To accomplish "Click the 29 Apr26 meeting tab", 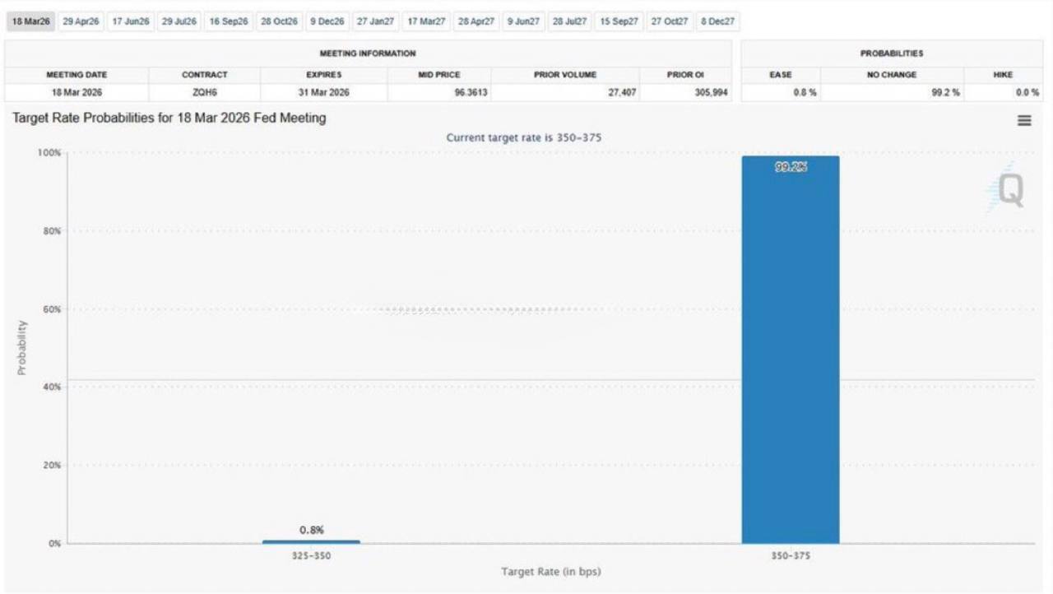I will [x=81, y=21].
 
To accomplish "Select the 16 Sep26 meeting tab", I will [x=228, y=21].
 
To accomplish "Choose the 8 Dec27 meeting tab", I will [x=717, y=21].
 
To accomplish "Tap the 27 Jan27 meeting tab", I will [x=375, y=21].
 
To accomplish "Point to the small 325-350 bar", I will [x=311, y=541].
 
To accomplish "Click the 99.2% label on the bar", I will [x=791, y=167].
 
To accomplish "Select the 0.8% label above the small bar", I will [x=311, y=530].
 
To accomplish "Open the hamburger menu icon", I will [x=1024, y=120].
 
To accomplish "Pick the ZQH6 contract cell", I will [x=204, y=93].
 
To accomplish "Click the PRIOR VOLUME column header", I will [x=565, y=75].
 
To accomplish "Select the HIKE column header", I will [x=1003, y=75].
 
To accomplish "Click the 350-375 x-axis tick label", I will [x=791, y=556].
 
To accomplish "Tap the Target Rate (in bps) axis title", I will [x=550, y=572].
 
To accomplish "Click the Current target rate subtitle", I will [x=523, y=137].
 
